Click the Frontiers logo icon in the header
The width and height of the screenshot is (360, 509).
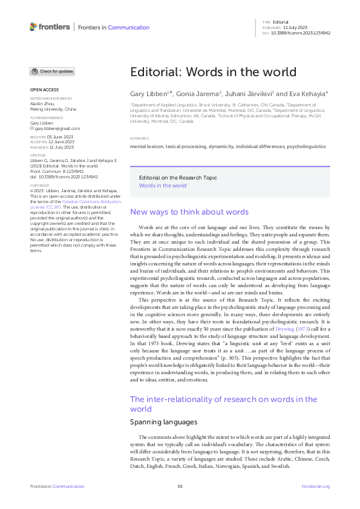[33, 27]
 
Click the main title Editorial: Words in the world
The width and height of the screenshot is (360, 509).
[213, 71]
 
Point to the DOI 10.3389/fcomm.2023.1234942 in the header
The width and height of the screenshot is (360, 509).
[301, 33]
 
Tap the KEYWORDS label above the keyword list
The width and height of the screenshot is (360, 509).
[139, 138]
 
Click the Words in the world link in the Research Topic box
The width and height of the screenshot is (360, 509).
[163, 186]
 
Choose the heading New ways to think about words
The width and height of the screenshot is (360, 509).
[189, 212]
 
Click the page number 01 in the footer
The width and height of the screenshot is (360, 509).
[180, 487]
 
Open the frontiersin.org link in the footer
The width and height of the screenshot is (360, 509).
[315, 487]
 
